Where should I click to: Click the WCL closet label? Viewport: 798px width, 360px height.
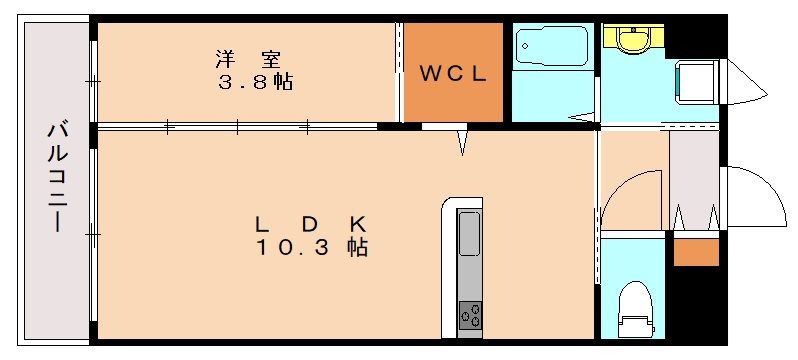(x=452, y=72)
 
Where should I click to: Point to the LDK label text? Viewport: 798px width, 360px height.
(x=312, y=223)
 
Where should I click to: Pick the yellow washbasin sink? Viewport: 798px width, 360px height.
(x=633, y=40)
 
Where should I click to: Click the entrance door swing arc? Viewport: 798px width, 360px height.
(x=757, y=197)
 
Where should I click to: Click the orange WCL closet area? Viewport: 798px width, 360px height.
(x=452, y=72)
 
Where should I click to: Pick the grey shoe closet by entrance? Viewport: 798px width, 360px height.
(x=694, y=180)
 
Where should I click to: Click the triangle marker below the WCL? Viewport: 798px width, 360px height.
(x=463, y=144)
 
